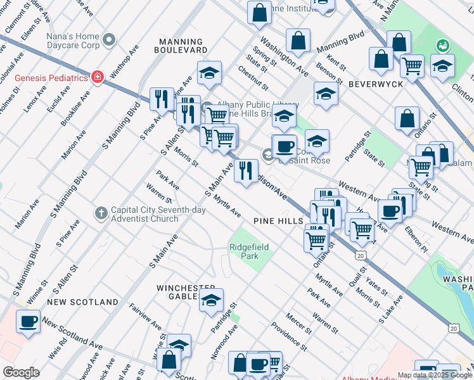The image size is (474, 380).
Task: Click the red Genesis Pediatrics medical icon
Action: [x=97, y=77]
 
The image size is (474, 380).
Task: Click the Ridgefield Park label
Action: [x=244, y=251]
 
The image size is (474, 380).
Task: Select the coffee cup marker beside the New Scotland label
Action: [x=28, y=321]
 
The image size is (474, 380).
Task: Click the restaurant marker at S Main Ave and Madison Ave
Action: [x=246, y=170]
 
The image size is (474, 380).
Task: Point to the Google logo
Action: [x=21, y=372]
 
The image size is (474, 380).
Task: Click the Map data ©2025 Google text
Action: [x=435, y=375]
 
